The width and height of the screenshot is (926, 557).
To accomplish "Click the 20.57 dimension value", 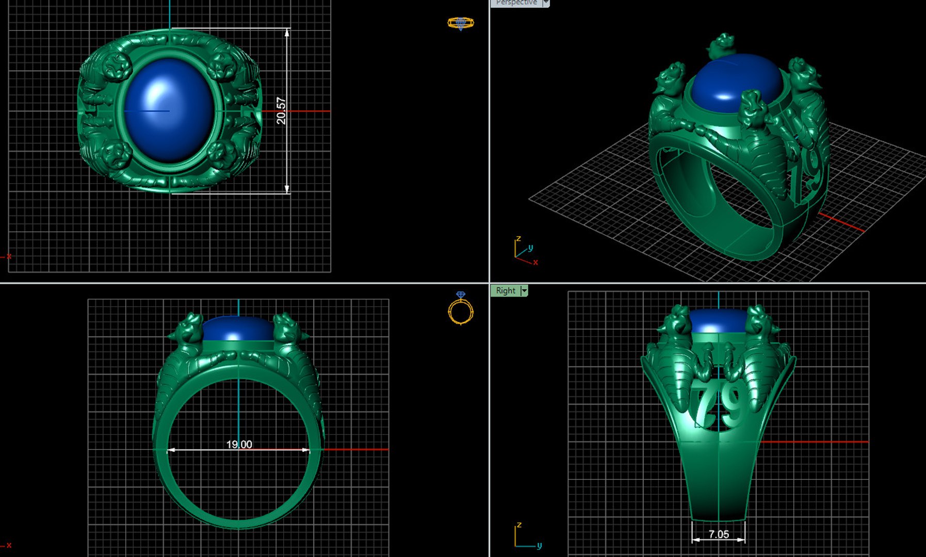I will pyautogui.click(x=281, y=110).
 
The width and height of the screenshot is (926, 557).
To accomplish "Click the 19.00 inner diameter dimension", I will pyautogui.click(x=239, y=444).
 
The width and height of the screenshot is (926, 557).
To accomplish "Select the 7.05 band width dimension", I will pyautogui.click(x=719, y=534).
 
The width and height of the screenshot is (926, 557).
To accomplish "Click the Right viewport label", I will pyautogui.click(x=505, y=290).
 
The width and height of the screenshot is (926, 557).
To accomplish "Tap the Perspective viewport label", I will pyautogui.click(x=516, y=3).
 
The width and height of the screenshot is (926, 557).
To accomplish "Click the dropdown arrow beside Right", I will pyautogui.click(x=524, y=290).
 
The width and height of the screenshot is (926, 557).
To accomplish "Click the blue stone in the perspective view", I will pyautogui.click(x=735, y=83).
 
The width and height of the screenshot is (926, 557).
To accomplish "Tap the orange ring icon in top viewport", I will pyautogui.click(x=460, y=23).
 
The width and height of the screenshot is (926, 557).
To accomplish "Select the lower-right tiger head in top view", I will pyautogui.click(x=221, y=154).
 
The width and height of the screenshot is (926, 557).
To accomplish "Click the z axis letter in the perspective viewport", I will pyautogui.click(x=518, y=239).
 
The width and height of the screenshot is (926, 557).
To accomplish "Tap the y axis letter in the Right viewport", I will pyautogui.click(x=539, y=545).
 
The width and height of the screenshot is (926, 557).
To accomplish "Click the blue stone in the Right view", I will pyautogui.click(x=718, y=321).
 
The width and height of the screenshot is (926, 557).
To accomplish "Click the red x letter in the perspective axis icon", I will pyautogui.click(x=535, y=263).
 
